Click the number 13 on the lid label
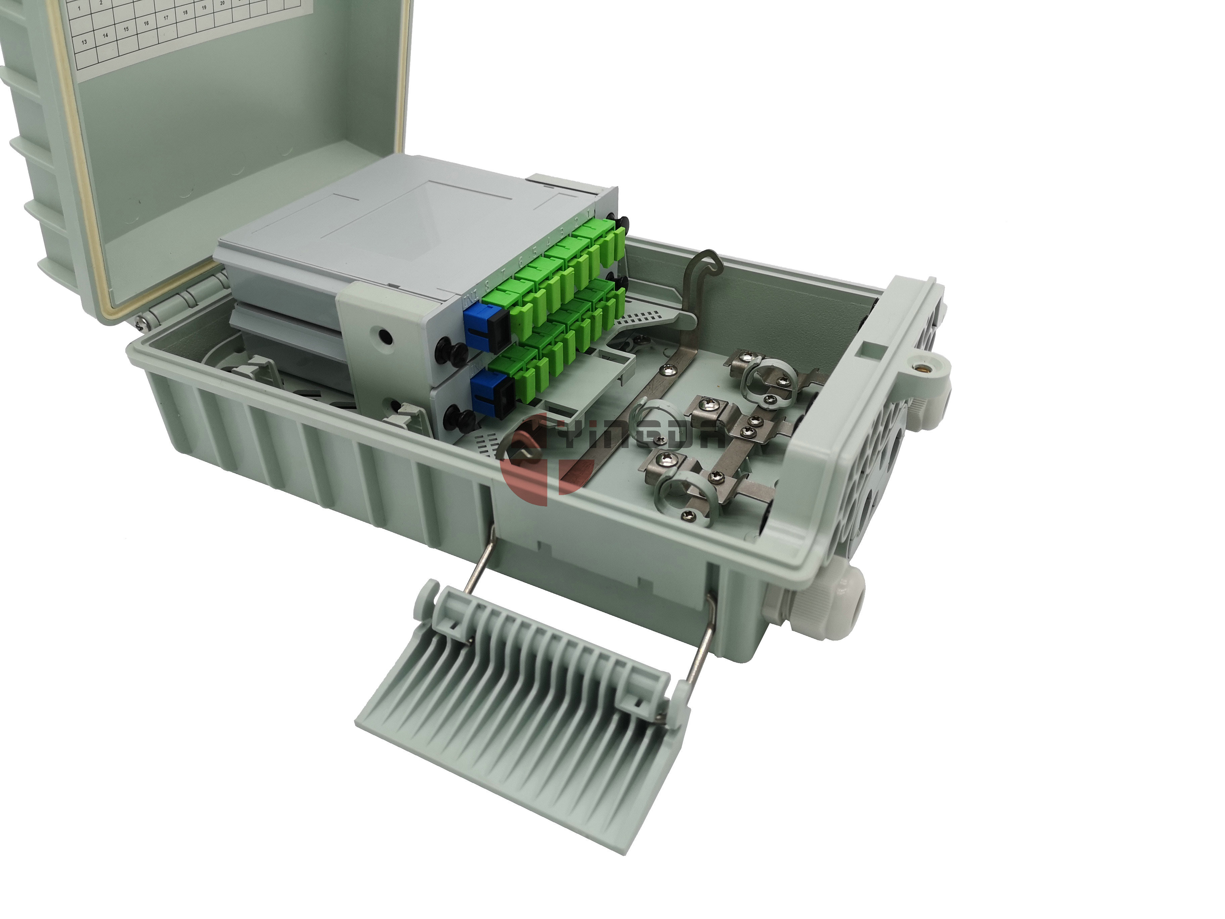click(85, 42)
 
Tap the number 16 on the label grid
click(146, 24)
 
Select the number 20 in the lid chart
click(222, 3)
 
